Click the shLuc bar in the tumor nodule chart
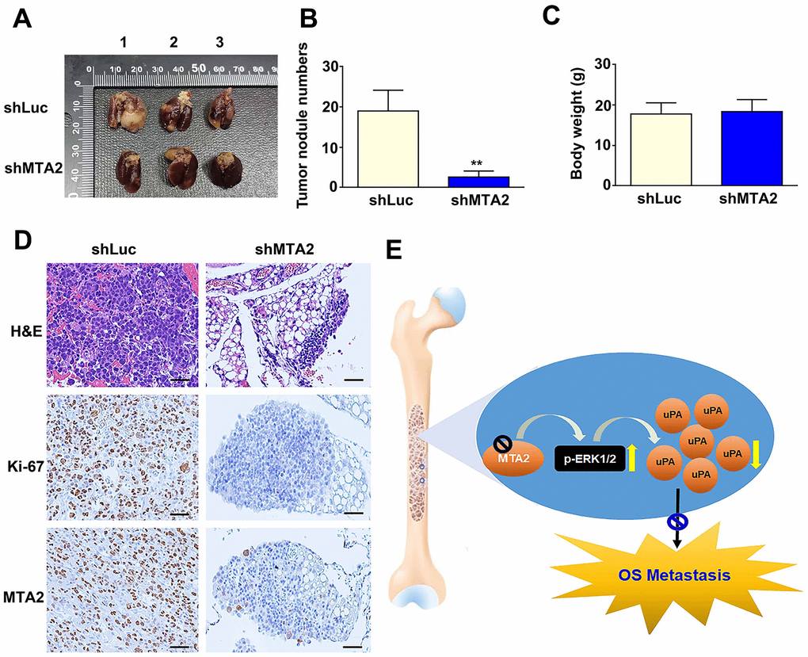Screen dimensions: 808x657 (388, 148)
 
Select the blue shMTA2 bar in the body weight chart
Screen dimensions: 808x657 (752, 148)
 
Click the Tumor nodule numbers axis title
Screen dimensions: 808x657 (303, 125)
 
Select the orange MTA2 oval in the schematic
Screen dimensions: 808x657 (514, 457)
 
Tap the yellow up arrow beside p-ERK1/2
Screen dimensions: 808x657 (633, 457)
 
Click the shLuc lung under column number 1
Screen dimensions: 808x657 (123, 110)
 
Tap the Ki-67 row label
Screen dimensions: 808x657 (24, 466)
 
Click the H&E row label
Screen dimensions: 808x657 (26, 332)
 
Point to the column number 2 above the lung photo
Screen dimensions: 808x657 (173, 42)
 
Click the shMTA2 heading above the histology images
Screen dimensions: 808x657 (284, 250)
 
